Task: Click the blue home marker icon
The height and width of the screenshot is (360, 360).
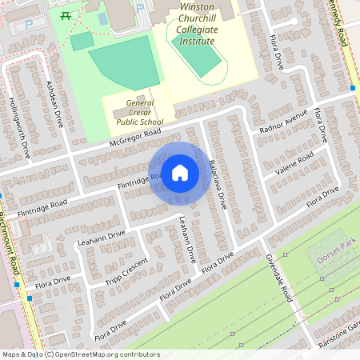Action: point(180,173)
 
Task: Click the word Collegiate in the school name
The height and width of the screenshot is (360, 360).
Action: point(197,27)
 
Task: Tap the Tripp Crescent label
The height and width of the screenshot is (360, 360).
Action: point(127,272)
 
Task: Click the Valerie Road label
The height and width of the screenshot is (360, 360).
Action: point(293,161)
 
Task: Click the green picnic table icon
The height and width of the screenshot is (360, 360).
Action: point(67,14)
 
